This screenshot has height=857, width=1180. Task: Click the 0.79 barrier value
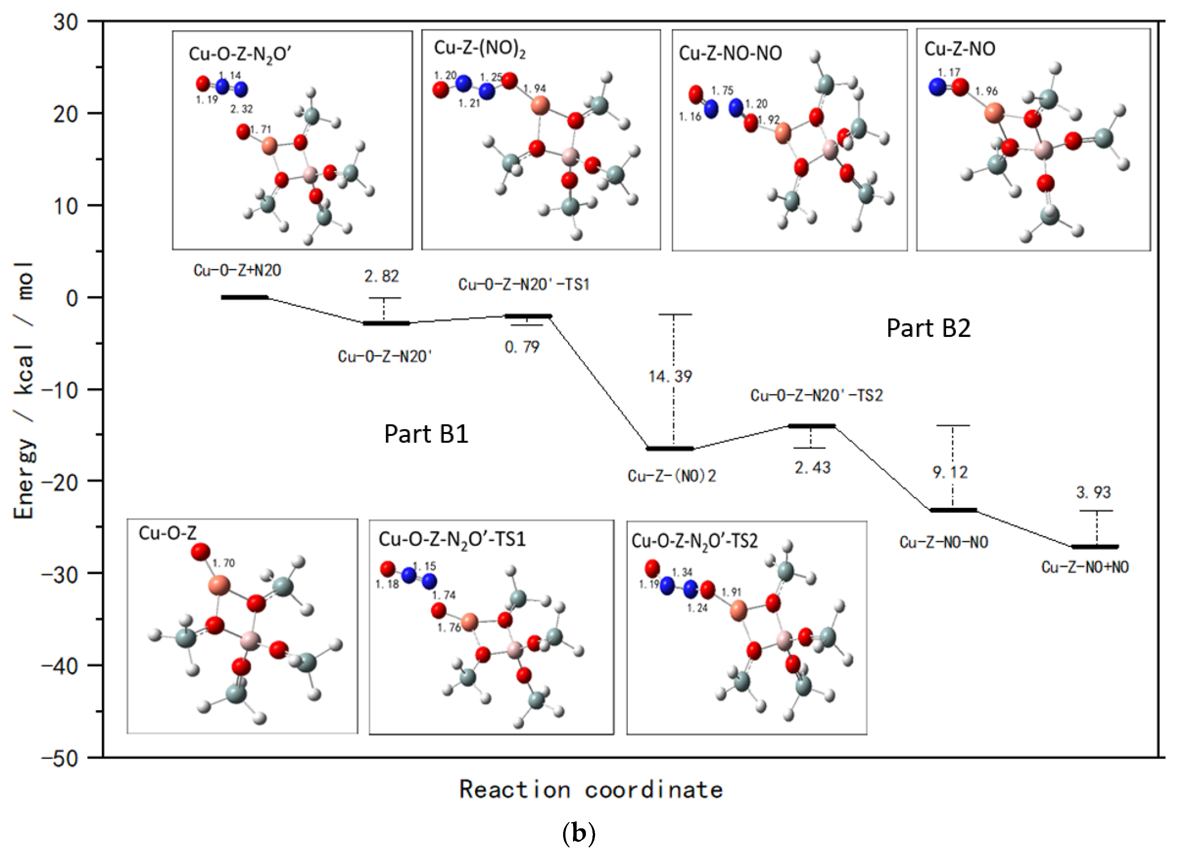[x=522, y=347]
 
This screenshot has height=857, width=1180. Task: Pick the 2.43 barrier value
[x=812, y=468]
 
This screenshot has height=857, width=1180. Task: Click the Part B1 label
[x=426, y=434]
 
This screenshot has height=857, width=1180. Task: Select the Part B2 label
[x=928, y=328]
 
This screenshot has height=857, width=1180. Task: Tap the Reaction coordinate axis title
[x=590, y=790]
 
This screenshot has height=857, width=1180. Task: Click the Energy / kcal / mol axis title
[x=24, y=390]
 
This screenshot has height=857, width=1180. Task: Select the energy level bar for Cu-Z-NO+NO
[x=1095, y=547]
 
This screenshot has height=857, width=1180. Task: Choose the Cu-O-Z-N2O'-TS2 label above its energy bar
[x=816, y=396]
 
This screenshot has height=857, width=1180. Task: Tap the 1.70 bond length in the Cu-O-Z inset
[x=224, y=563]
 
